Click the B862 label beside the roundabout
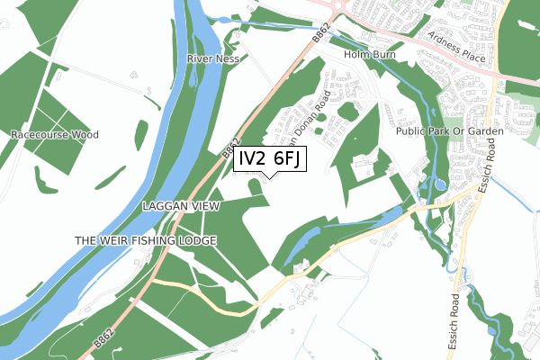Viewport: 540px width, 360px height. [321, 35]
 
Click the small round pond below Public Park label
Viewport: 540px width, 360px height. [439, 185]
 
